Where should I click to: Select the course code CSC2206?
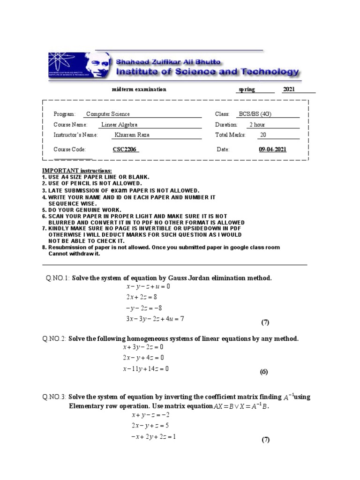(x=126, y=150)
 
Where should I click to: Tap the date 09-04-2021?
(x=272, y=150)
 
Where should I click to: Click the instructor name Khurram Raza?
(x=132, y=135)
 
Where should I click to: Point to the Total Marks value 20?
(x=263, y=135)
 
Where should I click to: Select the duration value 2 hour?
(x=257, y=125)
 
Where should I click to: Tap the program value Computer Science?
(x=108, y=114)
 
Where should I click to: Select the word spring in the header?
(x=247, y=89)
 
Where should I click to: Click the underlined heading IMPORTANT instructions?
(x=77, y=171)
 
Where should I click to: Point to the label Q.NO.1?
(x=58, y=278)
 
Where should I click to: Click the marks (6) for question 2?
(x=263, y=372)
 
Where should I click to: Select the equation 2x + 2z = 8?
(x=141, y=297)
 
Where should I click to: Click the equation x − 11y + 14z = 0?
(x=145, y=369)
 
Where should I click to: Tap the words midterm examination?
(x=139, y=89)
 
